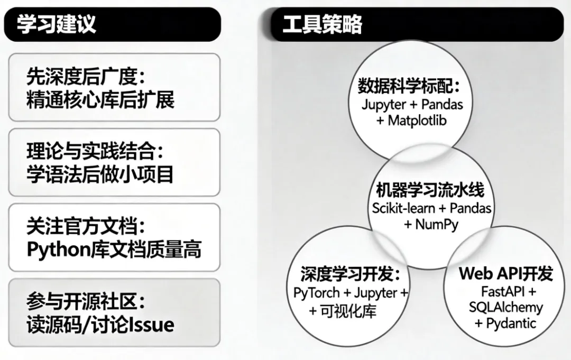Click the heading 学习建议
(57, 24)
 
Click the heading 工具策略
(322, 24)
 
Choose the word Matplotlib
(417, 121)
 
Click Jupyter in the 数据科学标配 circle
(384, 104)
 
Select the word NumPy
(437, 224)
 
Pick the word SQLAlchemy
(505, 307)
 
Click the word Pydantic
(512, 323)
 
